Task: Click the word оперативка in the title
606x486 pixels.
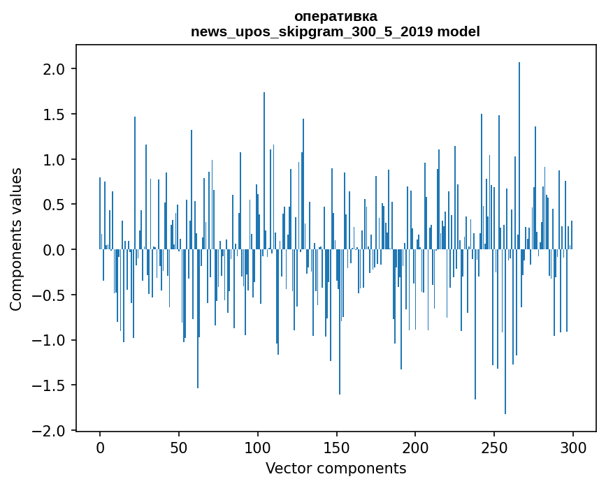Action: pos(336,16)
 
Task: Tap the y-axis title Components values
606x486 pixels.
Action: pos(16,239)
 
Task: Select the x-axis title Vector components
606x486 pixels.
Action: pos(336,468)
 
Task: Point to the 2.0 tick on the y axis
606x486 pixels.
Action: pos(55,69)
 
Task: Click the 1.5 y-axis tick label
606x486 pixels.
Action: pos(55,115)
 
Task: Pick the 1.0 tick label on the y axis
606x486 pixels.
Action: pos(55,160)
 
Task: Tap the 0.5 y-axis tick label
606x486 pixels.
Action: pos(55,205)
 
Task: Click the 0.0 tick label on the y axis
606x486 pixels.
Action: pos(55,250)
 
